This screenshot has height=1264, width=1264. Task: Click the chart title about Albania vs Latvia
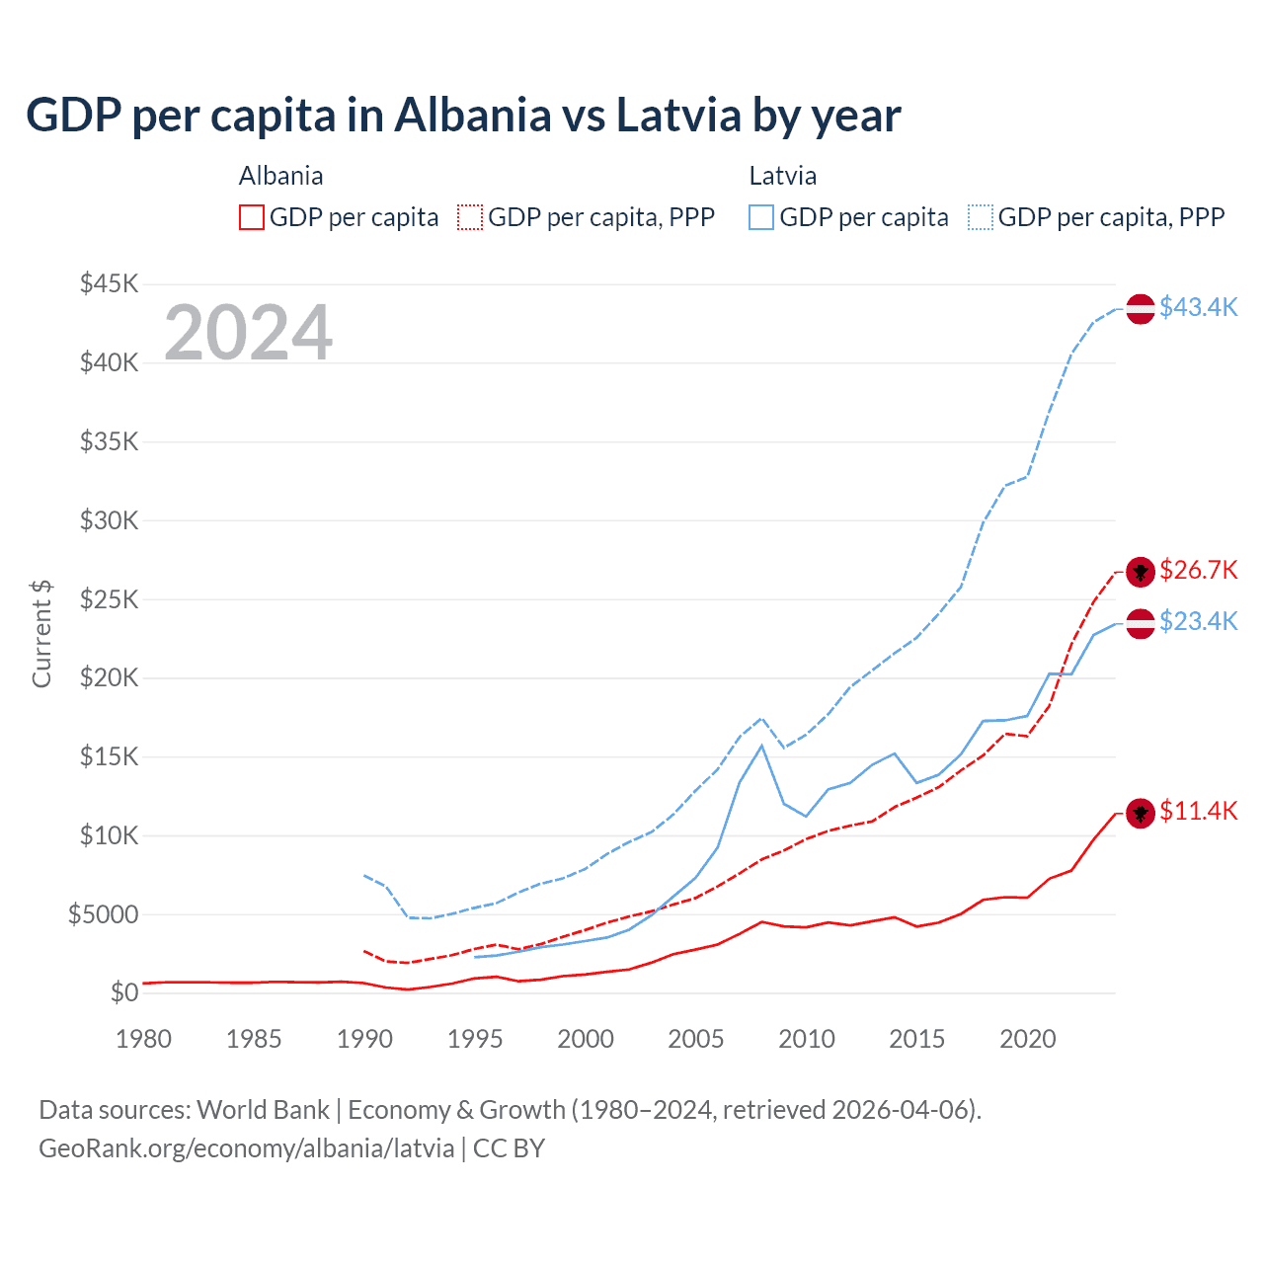(x=462, y=115)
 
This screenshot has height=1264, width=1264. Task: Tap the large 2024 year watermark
(x=248, y=333)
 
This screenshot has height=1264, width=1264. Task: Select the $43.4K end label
(x=1198, y=307)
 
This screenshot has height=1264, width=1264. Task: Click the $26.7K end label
(x=1198, y=570)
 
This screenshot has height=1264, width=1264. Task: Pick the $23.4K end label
(x=1198, y=621)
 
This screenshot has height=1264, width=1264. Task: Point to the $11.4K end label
(x=1198, y=811)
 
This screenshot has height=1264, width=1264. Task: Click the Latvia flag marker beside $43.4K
(x=1141, y=308)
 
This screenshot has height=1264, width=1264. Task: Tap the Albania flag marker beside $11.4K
(x=1141, y=814)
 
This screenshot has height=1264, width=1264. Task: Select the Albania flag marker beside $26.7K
(x=1141, y=572)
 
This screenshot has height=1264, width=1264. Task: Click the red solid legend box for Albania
(x=252, y=217)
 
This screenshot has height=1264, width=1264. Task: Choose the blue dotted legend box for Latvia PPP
(x=981, y=217)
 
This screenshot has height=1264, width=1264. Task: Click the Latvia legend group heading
(x=782, y=176)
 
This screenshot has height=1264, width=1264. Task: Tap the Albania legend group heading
(x=280, y=176)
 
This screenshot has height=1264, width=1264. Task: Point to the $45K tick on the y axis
(x=109, y=284)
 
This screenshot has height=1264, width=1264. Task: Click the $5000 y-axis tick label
(x=103, y=914)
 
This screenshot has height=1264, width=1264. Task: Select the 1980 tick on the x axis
(x=143, y=1039)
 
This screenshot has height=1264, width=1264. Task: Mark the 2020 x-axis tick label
(x=1027, y=1039)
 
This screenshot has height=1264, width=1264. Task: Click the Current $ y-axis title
(x=41, y=634)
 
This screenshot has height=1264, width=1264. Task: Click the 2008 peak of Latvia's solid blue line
(x=761, y=746)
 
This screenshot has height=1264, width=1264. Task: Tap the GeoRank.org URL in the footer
(x=246, y=1148)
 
